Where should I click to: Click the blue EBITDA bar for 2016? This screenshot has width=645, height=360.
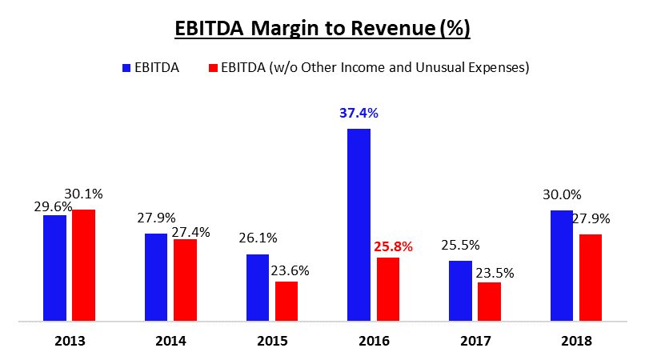359,225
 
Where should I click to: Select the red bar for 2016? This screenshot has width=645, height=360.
387,290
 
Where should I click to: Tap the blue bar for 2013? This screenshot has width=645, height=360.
54,268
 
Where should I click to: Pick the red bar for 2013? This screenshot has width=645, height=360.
83,266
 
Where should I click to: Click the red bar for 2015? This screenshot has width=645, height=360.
286,302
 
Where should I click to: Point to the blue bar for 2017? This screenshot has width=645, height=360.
460,291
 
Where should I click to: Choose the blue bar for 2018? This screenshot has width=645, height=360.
562,266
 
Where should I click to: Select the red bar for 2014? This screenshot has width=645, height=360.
185,280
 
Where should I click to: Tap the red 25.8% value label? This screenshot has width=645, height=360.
393,247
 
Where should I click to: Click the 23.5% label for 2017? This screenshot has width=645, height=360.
494,273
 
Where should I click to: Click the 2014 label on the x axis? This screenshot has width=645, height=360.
171,341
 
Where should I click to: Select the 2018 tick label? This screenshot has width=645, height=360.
576,341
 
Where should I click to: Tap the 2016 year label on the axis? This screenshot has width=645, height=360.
374,341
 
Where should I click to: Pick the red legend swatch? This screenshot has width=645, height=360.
214,68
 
